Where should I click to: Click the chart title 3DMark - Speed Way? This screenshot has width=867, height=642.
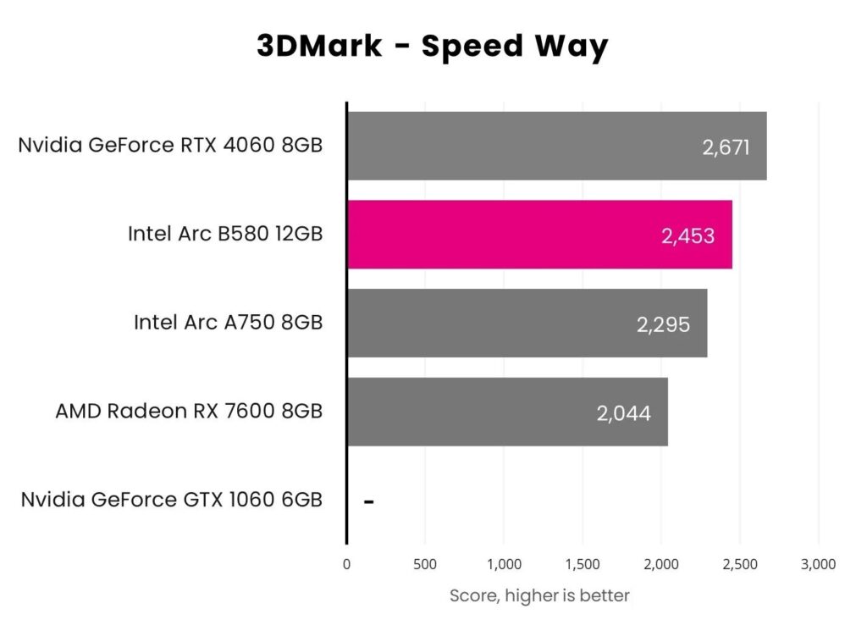tap(433, 47)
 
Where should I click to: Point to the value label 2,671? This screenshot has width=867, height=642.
tap(726, 147)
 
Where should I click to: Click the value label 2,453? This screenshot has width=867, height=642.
tap(688, 235)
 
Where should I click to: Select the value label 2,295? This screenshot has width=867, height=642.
tap(663, 324)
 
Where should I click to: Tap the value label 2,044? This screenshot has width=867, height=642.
tap(623, 413)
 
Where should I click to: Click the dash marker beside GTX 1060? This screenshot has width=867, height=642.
tap(369, 501)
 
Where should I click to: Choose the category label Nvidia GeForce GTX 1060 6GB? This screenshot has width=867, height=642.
tap(172, 500)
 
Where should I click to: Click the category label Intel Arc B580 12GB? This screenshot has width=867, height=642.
tap(225, 234)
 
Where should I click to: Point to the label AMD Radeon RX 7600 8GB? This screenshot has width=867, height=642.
tap(189, 412)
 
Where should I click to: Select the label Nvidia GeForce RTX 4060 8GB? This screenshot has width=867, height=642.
tap(170, 145)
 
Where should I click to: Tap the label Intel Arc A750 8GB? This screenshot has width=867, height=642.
tap(228, 323)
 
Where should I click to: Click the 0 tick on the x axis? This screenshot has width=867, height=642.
tap(346, 564)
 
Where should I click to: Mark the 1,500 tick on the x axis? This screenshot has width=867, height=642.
tap(583, 564)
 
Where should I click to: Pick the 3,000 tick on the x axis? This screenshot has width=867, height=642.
tap(818, 564)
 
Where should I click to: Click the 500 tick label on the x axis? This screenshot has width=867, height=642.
tap(425, 564)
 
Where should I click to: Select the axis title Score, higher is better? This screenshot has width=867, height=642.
tap(539, 595)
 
